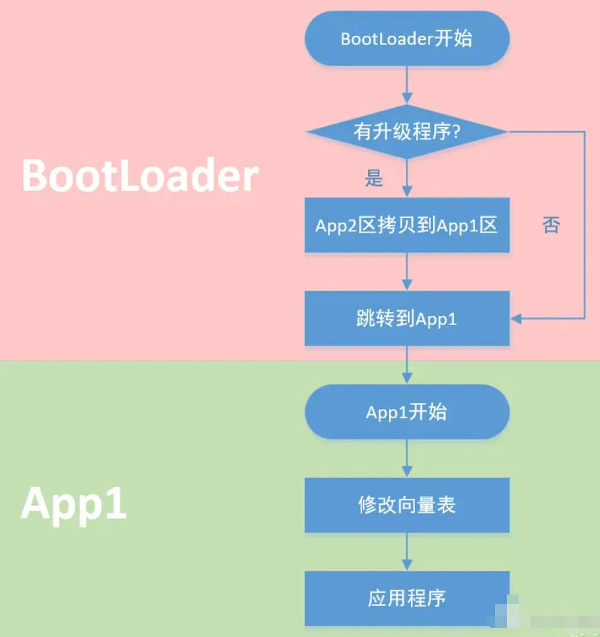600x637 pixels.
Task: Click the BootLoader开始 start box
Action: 406,38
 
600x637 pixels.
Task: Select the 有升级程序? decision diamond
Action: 406,131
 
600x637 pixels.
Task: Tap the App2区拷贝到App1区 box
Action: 406,225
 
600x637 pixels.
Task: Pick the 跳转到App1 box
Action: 406,318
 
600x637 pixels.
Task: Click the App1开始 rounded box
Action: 406,412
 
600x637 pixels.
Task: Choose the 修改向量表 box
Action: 406,506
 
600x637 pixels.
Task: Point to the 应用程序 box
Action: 406,599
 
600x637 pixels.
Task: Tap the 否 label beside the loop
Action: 550,225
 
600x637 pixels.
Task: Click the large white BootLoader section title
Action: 139,176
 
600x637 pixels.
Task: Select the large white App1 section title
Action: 73,505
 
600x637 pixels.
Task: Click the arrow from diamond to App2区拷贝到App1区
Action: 406,178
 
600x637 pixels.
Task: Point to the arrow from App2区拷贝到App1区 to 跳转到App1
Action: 406,272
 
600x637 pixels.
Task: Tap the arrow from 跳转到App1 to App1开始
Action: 406,365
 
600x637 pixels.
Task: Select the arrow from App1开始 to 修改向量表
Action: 406,459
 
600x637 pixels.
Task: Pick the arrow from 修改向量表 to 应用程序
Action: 406,552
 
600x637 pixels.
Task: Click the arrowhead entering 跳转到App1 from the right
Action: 515,318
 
